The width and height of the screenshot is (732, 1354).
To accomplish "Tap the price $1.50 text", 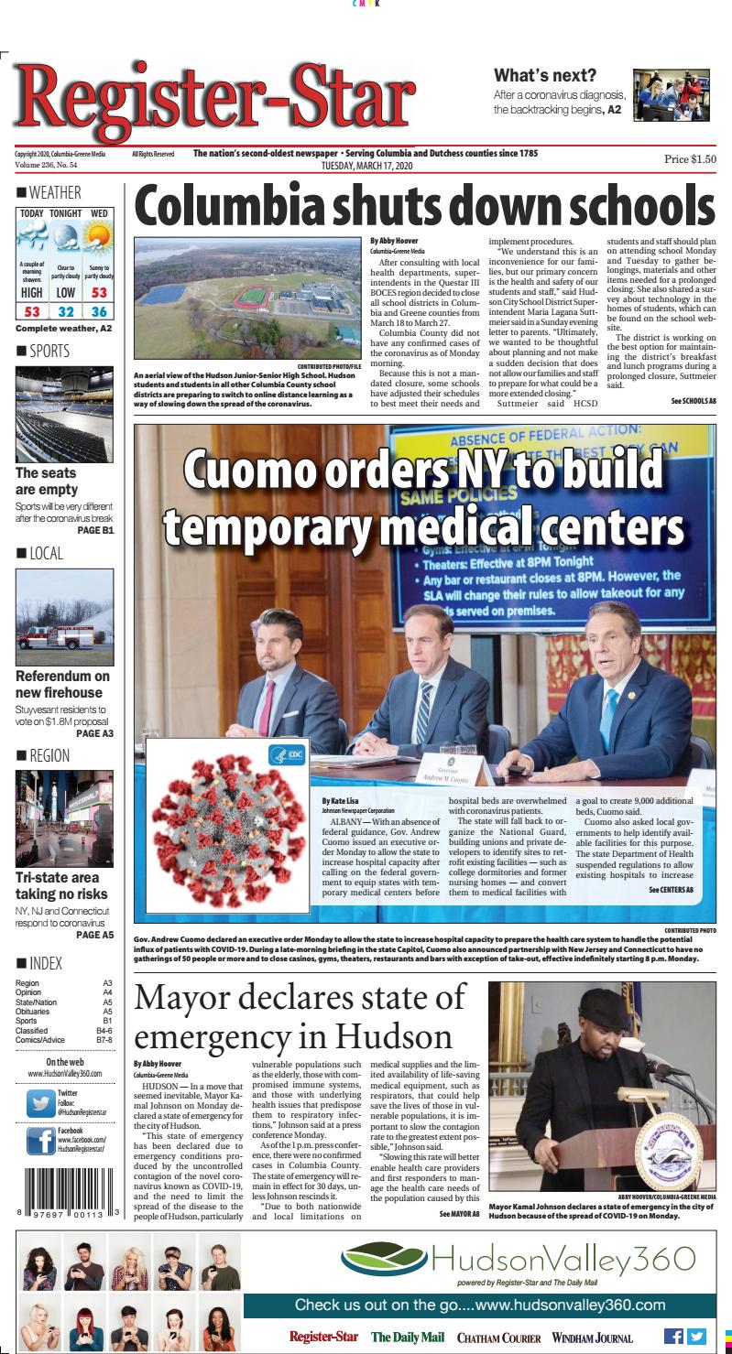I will point(690,158).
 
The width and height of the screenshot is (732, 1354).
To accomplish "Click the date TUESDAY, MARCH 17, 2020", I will point(366,165).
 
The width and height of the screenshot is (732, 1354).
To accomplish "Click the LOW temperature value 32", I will point(65,312).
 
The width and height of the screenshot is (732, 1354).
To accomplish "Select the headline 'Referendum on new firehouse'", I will point(62,685).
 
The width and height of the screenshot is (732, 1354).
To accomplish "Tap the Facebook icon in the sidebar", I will point(40,1141).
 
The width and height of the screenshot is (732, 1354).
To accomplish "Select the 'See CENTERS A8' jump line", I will point(671,890).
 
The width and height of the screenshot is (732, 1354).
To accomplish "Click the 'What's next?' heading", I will point(545,75).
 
